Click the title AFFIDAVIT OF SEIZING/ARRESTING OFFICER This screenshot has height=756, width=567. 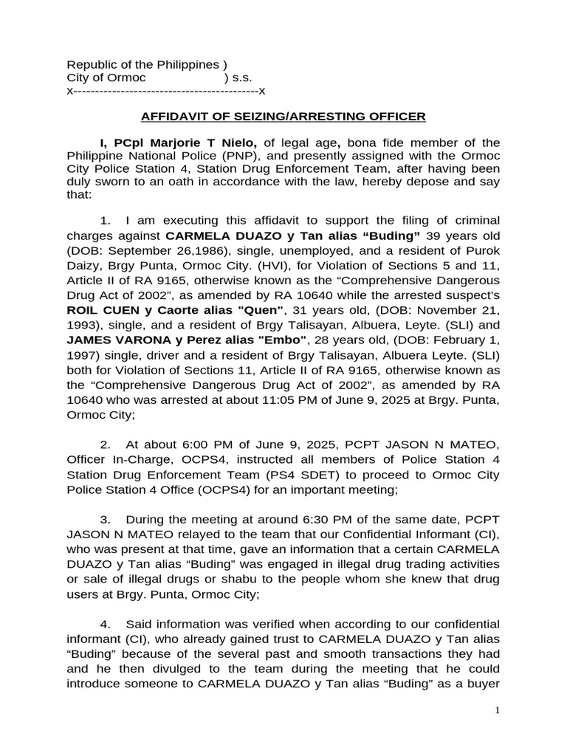(283, 117)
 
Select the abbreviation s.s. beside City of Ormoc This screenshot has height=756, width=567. (243, 78)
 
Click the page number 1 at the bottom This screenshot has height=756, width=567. (498, 710)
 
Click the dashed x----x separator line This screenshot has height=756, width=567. (166, 92)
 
